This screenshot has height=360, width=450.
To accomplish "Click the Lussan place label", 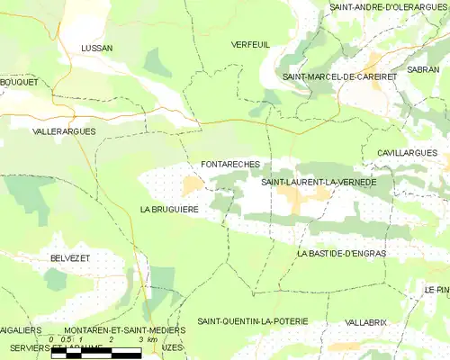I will click(96, 49).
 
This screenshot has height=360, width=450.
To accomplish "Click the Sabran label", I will click(423, 68).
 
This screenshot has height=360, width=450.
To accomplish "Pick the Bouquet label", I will click(19, 82).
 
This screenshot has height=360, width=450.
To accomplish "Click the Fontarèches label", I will click(231, 166).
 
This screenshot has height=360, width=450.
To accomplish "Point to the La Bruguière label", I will click(169, 209).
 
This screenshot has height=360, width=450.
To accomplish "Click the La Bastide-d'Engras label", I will click(341, 254).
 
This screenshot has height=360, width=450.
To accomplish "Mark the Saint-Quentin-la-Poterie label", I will click(253, 321).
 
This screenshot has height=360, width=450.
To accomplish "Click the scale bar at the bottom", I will click(96, 353).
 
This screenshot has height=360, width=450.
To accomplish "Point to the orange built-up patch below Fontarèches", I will click(193, 185).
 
